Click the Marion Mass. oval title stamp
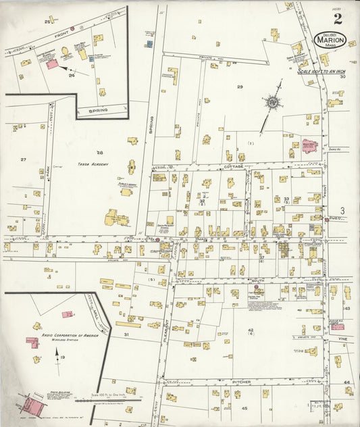[x=330, y=40]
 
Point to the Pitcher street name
[x=242, y=382]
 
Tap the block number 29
[x=239, y=87]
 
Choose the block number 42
[x=250, y=330]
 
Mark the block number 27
[x=23, y=159]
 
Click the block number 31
[x=126, y=334]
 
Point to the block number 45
[x=245, y=408]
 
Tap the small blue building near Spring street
[x=149, y=44]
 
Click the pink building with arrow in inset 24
[x=51, y=64]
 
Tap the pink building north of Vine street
[x=338, y=326]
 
